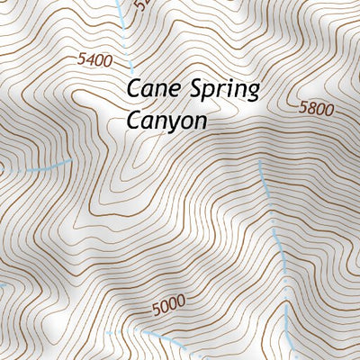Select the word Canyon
point(167,119)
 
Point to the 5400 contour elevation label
point(94,60)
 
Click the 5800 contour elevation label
point(316,109)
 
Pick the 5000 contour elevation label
point(169,306)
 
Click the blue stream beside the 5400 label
point(127,40)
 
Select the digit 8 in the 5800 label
point(311,108)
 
